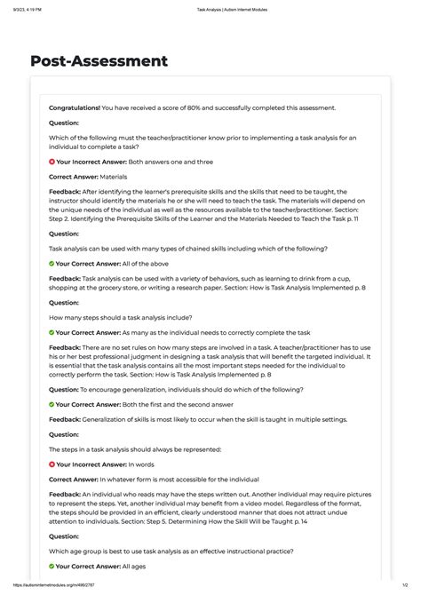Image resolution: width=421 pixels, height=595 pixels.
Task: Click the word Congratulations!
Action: (75, 107)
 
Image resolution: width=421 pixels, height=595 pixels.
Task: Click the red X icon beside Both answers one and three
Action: (52, 163)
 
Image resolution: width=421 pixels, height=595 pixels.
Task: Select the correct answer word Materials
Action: (115, 178)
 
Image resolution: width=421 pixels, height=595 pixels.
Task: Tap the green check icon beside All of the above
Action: (52, 264)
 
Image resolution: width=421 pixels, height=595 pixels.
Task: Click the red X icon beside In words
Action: (52, 464)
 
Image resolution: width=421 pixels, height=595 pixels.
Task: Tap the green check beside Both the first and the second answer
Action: (52, 404)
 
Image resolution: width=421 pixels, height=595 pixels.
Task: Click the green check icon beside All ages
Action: (52, 566)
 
